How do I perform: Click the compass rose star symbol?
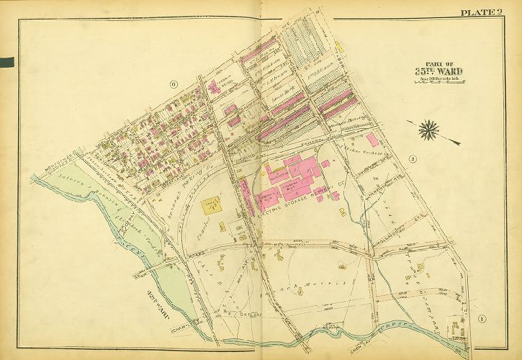point(430,130)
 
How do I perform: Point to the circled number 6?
point(174,84)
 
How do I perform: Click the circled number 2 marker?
point(413,158)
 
